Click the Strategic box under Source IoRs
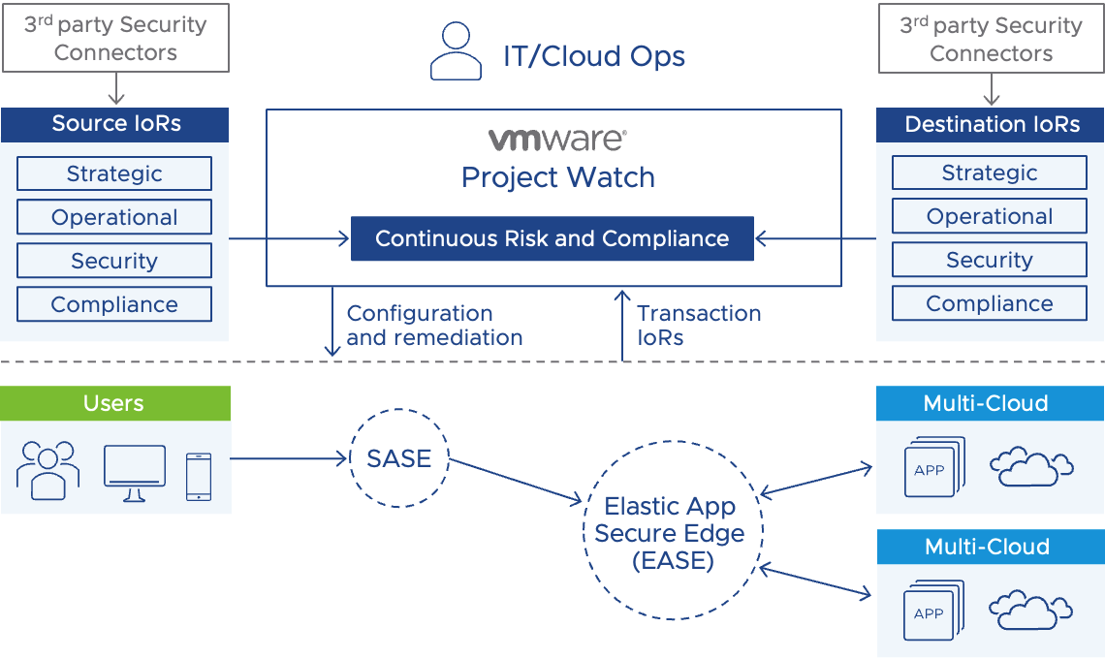click(114, 174)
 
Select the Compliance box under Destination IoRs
click(990, 304)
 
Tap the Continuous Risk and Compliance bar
click(552, 238)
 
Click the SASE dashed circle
click(399, 458)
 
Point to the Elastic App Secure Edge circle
click(672, 533)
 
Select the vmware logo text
click(557, 140)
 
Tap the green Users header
click(115, 403)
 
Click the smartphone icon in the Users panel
click(199, 477)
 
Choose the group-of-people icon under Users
click(48, 471)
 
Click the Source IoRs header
click(115, 124)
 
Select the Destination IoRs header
click(991, 124)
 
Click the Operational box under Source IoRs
click(114, 218)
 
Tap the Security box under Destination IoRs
click(990, 261)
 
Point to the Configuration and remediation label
click(434, 326)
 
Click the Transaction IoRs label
click(699, 326)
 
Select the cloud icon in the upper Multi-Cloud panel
click(1031, 467)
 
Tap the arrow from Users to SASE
click(289, 458)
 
